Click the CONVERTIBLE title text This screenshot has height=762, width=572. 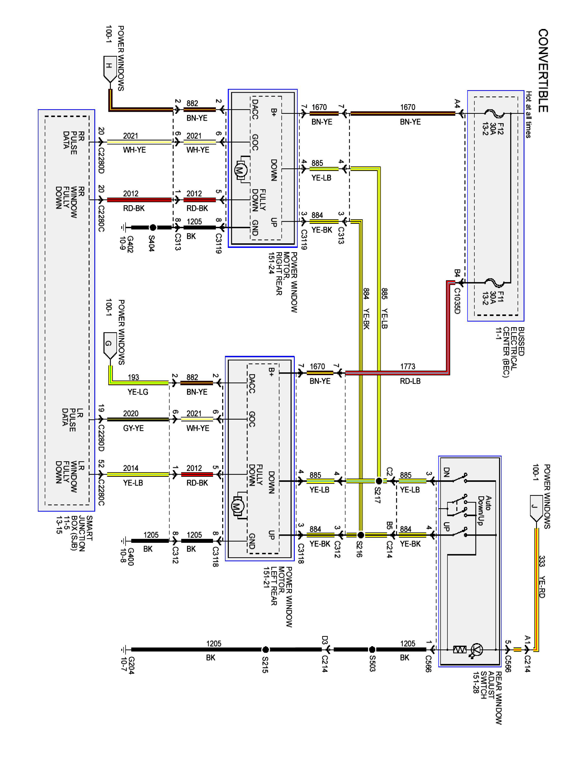[543, 70]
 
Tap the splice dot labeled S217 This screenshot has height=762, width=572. [379, 481]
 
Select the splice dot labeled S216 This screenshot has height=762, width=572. [360, 535]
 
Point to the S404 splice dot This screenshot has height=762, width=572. [153, 227]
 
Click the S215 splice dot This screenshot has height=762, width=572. [265, 649]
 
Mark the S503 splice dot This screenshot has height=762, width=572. [372, 649]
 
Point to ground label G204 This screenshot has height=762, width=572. [128, 665]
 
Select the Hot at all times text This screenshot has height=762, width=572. [528, 115]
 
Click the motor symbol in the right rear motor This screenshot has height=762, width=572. [239, 169]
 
